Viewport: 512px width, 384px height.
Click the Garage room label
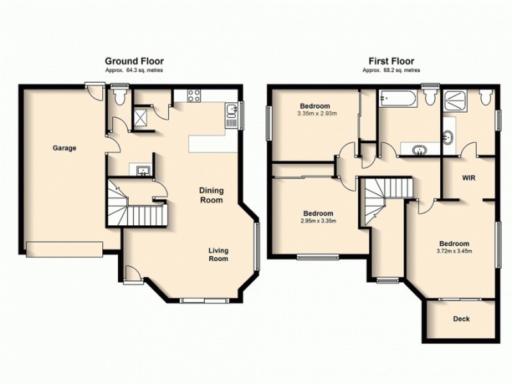[64, 148]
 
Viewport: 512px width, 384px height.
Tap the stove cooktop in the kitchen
[194, 97]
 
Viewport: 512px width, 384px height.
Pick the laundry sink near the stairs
[141, 169]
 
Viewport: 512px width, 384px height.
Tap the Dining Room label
[211, 195]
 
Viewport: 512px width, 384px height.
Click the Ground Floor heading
[134, 62]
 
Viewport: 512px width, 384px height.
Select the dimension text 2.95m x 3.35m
[317, 221]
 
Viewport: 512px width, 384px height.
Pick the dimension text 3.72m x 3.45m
[454, 251]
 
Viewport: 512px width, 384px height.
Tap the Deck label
[461, 319]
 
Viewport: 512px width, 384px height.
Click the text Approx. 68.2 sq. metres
[388, 70]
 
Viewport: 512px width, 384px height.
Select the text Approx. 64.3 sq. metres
[134, 70]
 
